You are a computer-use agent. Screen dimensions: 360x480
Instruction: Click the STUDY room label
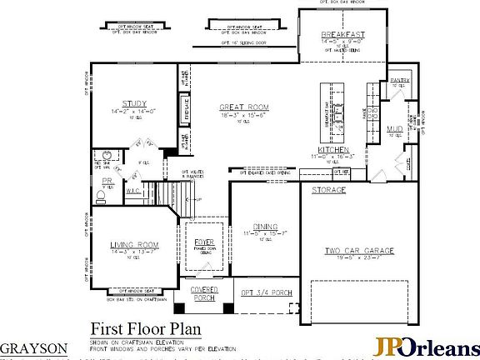[x=134, y=104]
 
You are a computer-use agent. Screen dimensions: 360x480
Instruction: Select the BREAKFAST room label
[x=342, y=36]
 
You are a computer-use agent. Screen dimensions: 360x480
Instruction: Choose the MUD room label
[x=395, y=128]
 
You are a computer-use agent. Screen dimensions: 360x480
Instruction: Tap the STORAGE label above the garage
[x=328, y=190]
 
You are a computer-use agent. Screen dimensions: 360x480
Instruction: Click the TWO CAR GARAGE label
[x=360, y=251]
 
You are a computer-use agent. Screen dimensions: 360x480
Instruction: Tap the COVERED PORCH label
[x=204, y=293]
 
